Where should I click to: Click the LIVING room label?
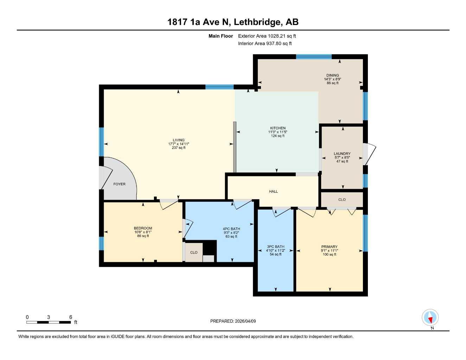pyautogui.click(x=178, y=140)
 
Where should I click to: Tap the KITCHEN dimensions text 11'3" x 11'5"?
pyautogui.click(x=277, y=132)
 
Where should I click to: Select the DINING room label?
pyautogui.click(x=332, y=75)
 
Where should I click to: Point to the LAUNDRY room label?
pyautogui.click(x=342, y=154)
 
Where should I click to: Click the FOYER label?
pyautogui.click(x=120, y=184)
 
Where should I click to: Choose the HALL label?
pyautogui.click(x=273, y=191)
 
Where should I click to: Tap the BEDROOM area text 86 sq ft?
pyautogui.click(x=143, y=236)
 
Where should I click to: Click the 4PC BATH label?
pyautogui.click(x=231, y=229)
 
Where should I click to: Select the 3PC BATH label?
pyautogui.click(x=276, y=247)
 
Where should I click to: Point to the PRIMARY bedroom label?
pyautogui.click(x=330, y=247)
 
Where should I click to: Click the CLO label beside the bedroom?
pyautogui.click(x=194, y=252)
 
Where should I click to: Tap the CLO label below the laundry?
pyautogui.click(x=342, y=200)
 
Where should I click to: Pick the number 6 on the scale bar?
pyautogui.click(x=71, y=317)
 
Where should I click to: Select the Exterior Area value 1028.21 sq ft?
pyautogui.click(x=282, y=36)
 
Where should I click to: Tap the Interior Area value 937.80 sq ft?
pyautogui.click(x=279, y=44)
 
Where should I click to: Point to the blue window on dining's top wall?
pyautogui.click(x=314, y=57)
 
